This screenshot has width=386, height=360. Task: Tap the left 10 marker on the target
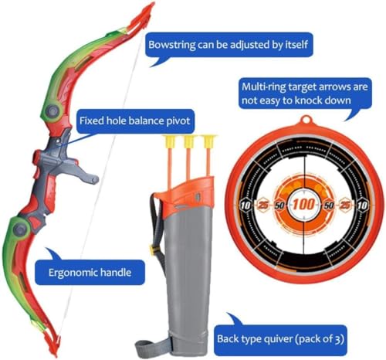245,205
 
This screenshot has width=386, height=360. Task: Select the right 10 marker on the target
362,205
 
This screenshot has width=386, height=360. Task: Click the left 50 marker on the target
279,205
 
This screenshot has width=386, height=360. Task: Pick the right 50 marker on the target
329,205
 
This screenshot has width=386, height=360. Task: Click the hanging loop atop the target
306,120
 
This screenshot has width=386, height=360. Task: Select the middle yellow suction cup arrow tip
189,141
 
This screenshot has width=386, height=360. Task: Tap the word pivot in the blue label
178,121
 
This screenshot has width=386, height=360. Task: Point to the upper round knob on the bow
52,111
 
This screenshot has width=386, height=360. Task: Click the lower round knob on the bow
21,228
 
